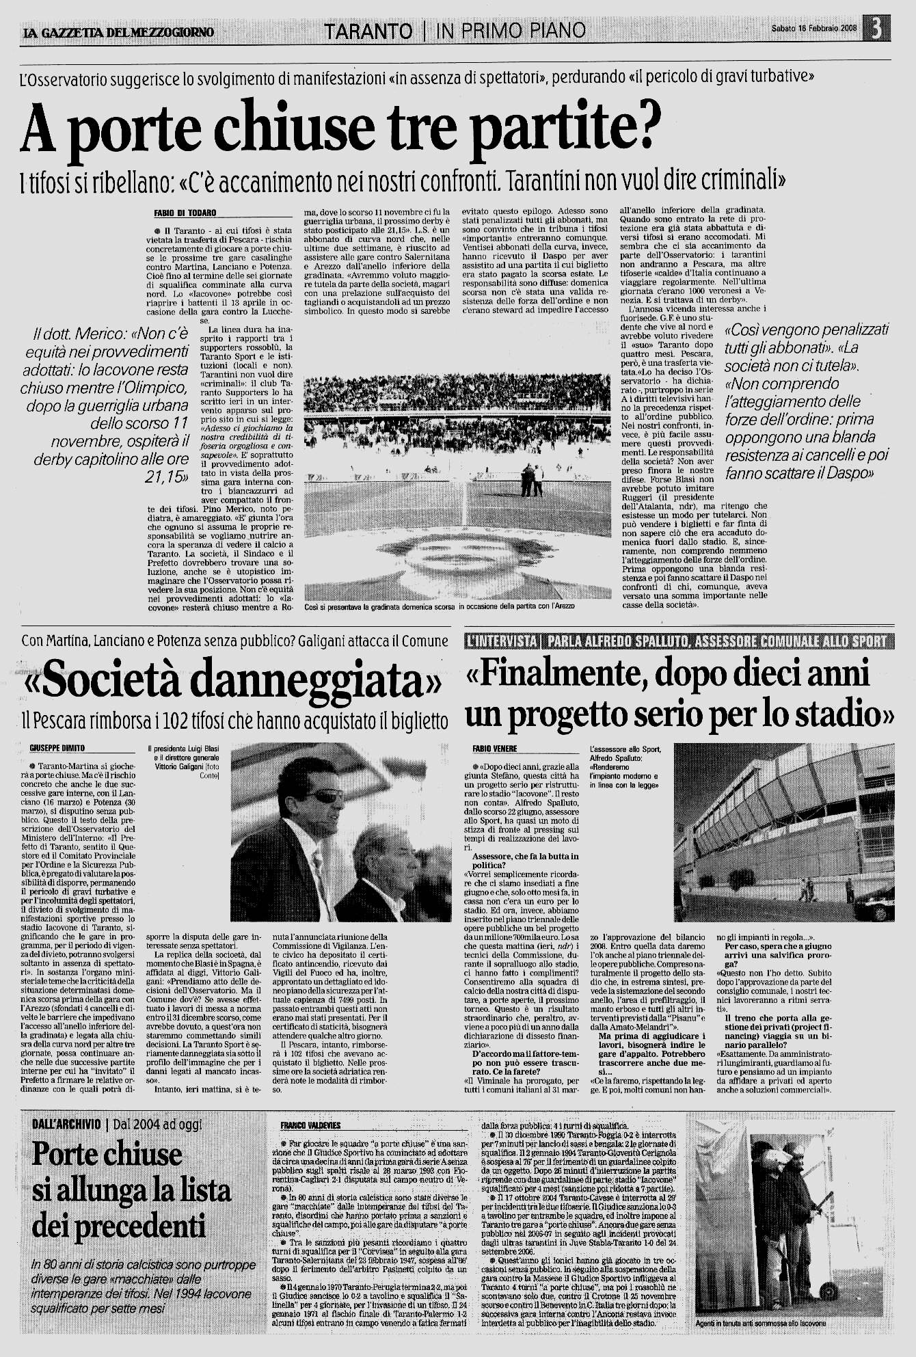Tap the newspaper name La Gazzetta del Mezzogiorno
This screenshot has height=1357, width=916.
[118, 32]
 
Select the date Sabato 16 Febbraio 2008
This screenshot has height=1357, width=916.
[813, 29]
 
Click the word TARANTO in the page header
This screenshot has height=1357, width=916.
[368, 31]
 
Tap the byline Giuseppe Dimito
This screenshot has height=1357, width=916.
[57, 749]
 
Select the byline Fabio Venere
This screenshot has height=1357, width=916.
[495, 749]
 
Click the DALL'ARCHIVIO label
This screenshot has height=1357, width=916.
[66, 1124]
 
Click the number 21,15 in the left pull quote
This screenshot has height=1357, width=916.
[165, 476]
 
